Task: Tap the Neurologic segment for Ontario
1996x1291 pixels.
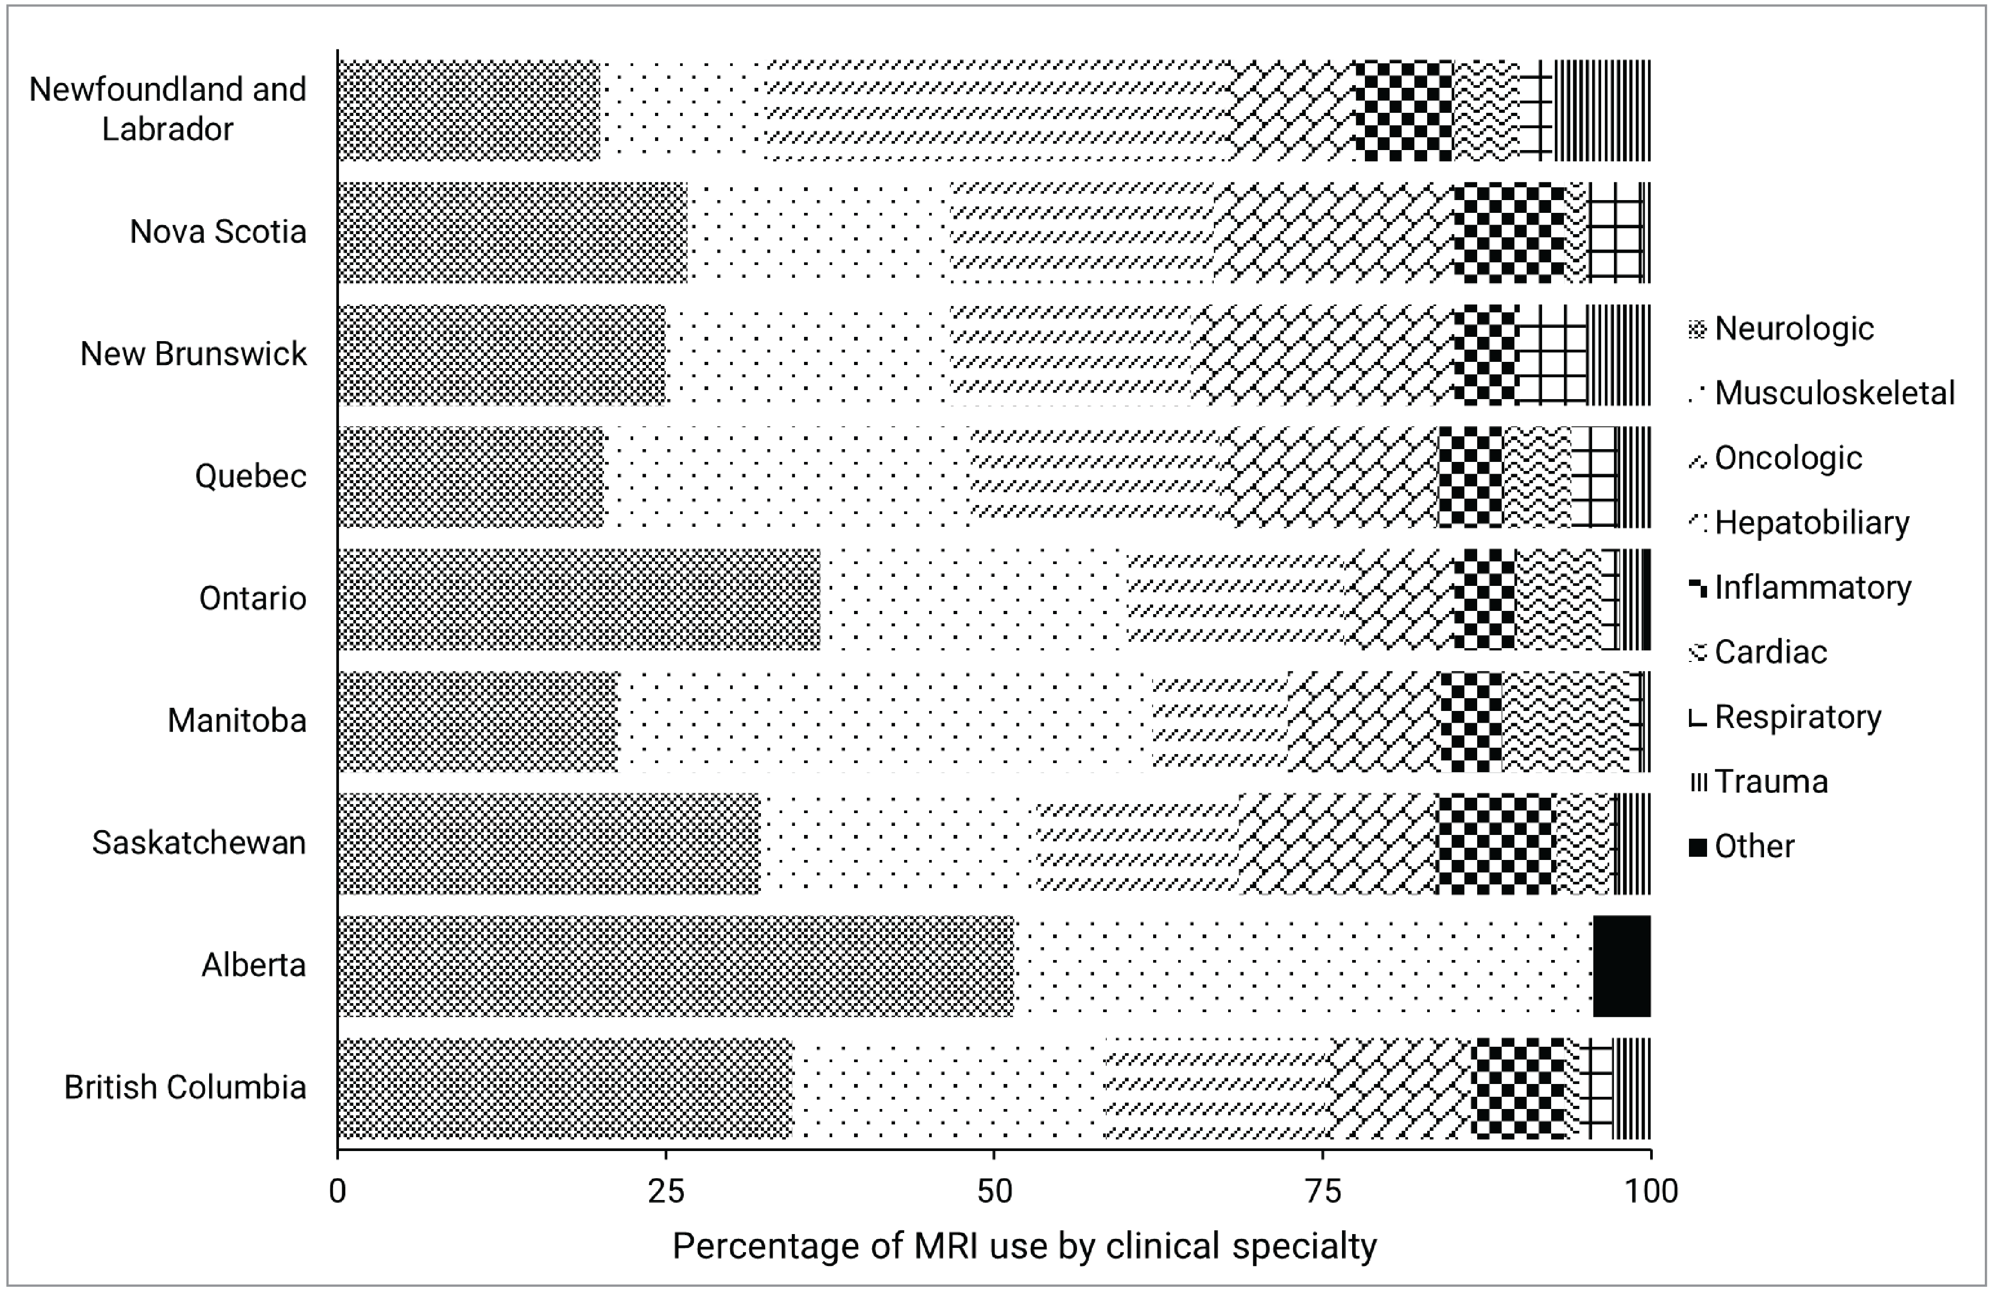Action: tap(578, 599)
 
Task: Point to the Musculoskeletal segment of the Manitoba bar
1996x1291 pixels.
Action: tap(884, 721)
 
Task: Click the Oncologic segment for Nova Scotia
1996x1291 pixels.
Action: tap(1081, 232)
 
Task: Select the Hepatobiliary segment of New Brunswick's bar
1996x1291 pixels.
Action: tap(1321, 354)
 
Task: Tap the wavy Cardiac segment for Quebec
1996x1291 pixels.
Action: tap(1537, 477)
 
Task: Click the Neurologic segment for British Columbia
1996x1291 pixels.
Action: tap(565, 1088)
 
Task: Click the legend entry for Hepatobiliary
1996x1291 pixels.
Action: tap(1811, 522)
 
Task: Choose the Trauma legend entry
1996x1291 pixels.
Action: tap(1770, 781)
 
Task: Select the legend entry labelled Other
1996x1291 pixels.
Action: tap(1754, 846)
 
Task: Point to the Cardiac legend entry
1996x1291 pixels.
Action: tap(1770, 651)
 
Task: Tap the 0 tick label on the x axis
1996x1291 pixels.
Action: tap(338, 1190)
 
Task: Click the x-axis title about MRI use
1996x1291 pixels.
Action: tap(1024, 1246)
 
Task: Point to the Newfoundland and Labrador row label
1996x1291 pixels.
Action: tap(168, 109)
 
